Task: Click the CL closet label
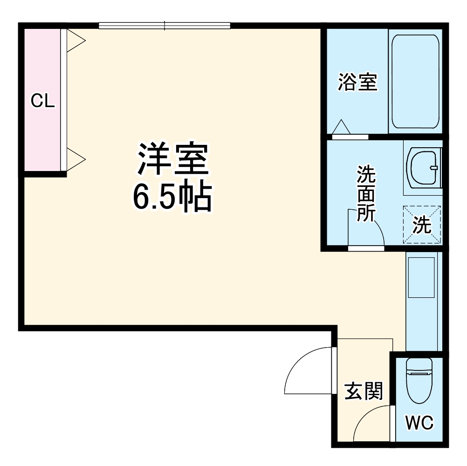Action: click(42, 101)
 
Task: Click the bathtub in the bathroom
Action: click(415, 82)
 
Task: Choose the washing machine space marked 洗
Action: click(422, 225)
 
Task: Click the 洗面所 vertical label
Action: click(366, 193)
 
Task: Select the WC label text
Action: click(419, 423)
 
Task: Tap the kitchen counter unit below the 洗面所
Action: click(421, 301)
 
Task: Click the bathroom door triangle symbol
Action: click(342, 127)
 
